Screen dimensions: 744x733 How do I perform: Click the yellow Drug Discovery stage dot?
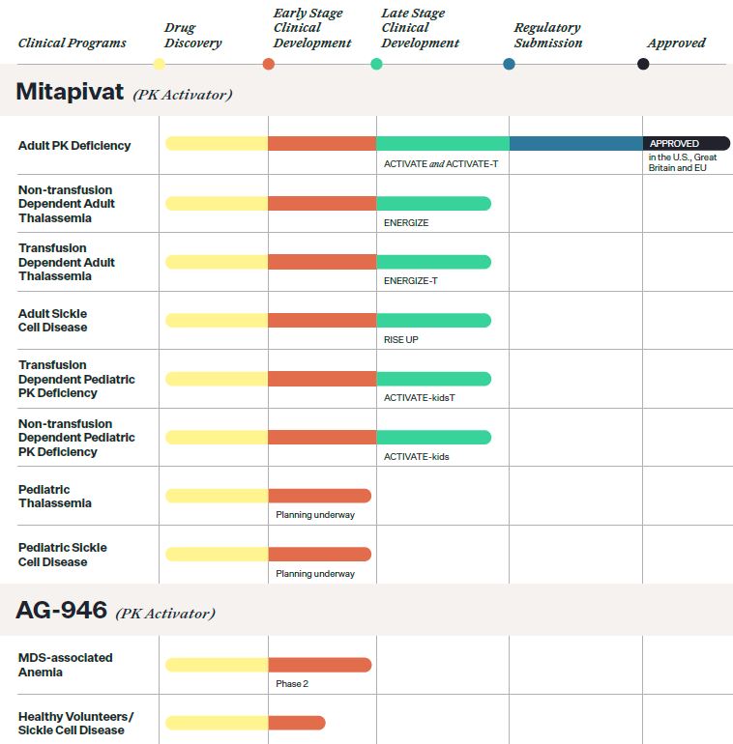[x=159, y=64]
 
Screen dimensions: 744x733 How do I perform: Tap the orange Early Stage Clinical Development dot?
[x=269, y=64]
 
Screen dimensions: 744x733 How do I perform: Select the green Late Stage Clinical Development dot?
[x=376, y=64]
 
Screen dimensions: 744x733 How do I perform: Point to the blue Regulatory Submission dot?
[x=509, y=64]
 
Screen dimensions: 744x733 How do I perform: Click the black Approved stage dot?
[x=643, y=64]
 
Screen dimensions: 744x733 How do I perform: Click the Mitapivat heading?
[x=71, y=92]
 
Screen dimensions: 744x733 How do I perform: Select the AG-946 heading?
[x=61, y=611]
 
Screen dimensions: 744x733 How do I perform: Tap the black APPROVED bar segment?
[x=686, y=143]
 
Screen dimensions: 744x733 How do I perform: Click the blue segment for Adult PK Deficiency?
[x=575, y=143]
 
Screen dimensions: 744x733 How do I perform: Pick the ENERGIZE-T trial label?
[x=410, y=281]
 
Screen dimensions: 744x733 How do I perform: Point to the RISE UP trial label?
[x=401, y=340]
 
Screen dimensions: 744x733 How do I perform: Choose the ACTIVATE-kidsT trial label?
[x=419, y=398]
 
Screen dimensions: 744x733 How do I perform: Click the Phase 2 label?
[x=292, y=684]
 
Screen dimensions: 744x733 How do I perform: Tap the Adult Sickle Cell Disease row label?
[x=52, y=320]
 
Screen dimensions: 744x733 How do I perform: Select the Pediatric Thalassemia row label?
[x=55, y=496]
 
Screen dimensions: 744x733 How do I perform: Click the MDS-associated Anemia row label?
[x=65, y=664]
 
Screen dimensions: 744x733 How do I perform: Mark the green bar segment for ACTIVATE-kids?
[x=433, y=437]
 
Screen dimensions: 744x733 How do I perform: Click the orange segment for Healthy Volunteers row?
[x=296, y=723]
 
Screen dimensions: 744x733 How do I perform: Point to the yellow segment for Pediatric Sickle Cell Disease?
[x=217, y=554]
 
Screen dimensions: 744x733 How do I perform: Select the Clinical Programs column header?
[x=72, y=43]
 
